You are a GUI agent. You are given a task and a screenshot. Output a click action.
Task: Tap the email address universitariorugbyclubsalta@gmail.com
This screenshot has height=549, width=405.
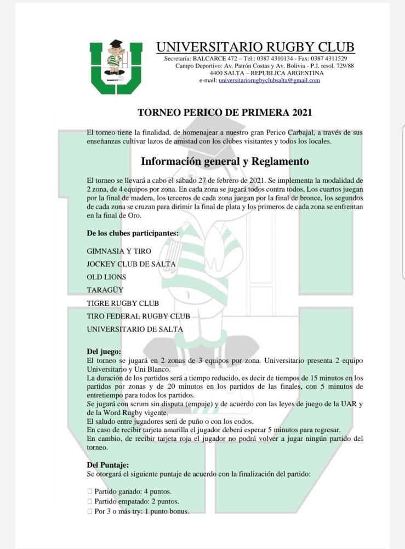tap(269, 80)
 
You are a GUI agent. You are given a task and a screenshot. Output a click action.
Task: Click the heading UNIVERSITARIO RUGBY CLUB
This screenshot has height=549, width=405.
tap(255, 47)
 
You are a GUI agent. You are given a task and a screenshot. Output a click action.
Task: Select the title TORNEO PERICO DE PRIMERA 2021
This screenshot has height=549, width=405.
tap(225, 113)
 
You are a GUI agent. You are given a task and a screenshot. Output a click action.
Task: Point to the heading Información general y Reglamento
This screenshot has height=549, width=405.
tap(225, 161)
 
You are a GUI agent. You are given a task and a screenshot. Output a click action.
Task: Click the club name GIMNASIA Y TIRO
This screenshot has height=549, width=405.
tap(119, 251)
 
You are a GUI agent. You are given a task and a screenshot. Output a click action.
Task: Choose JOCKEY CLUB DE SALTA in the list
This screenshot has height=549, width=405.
tap(131, 264)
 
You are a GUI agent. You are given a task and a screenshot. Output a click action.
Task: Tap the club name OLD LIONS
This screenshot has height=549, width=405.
tap(106, 277)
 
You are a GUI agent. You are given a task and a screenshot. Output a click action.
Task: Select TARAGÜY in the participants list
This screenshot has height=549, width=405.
tap(105, 290)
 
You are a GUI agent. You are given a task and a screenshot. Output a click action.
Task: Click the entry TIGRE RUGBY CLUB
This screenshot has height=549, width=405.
tap(123, 303)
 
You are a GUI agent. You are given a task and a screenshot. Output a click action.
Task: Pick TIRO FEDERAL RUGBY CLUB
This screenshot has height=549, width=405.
tap(138, 316)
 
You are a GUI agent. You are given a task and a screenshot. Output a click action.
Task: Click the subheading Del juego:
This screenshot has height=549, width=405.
tap(104, 351)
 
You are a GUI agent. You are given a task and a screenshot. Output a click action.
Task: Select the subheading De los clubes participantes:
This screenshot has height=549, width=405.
tap(133, 233)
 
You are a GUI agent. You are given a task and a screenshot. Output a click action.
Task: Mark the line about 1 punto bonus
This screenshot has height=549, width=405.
tap(141, 511)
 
